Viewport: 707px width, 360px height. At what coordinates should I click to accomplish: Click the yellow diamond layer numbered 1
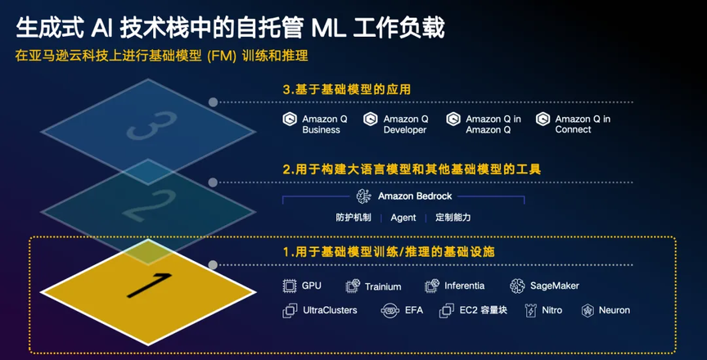148,292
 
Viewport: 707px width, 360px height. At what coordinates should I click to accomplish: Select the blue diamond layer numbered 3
148,132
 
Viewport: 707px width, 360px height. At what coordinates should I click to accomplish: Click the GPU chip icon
289,286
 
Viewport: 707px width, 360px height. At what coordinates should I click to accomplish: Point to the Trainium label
383,286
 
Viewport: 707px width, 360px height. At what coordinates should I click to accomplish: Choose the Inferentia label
465,286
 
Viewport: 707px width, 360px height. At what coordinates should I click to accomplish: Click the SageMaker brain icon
517,286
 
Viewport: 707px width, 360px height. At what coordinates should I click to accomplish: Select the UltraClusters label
330,310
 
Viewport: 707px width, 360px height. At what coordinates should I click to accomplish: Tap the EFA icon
390,310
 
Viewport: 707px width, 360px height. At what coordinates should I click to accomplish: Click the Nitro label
552,310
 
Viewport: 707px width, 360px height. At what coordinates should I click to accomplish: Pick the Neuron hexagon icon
588,310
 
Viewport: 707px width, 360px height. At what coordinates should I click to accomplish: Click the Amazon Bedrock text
415,196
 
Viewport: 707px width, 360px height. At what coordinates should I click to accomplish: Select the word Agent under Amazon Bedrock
403,218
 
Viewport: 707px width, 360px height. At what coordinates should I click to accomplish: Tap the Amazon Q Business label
321,124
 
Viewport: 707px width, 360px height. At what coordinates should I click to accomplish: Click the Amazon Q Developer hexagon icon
370,119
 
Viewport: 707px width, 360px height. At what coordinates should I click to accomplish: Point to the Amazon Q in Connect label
583,124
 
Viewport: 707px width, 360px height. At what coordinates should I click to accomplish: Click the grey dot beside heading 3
213,102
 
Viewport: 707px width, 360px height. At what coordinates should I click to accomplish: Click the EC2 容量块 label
484,310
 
